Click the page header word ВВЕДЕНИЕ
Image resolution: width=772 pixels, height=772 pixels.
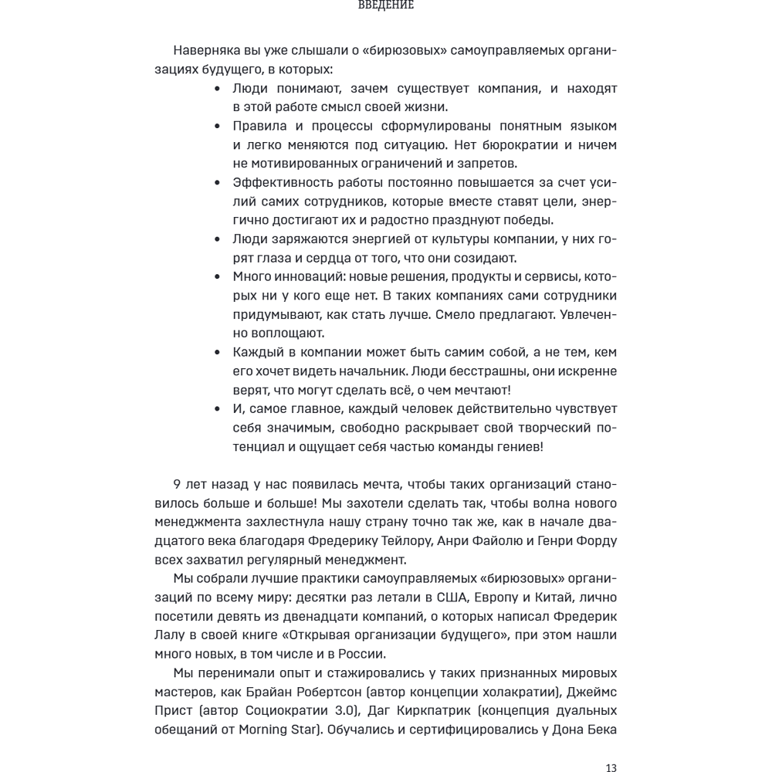pyautogui.click(x=387, y=5)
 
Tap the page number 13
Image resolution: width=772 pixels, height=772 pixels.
pyautogui.click(x=610, y=767)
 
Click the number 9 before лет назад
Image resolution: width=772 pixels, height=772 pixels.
pyautogui.click(x=178, y=485)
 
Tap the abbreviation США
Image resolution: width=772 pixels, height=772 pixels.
pyautogui.click(x=435, y=598)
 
